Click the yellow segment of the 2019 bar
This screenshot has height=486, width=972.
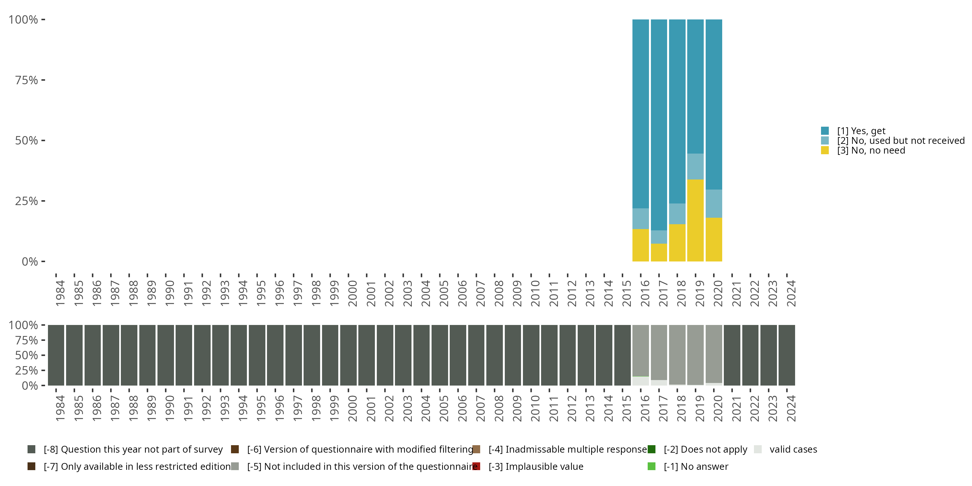tap(695, 220)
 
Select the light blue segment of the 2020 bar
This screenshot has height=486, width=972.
tap(714, 204)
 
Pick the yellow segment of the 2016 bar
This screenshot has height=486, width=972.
tap(641, 245)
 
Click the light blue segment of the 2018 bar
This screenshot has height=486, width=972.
tap(677, 214)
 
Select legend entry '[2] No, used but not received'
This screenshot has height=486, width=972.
tap(893, 141)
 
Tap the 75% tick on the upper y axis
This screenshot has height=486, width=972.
tap(43, 80)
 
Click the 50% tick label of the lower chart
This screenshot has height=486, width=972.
tap(27, 355)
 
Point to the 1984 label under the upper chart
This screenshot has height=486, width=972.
tap(60, 293)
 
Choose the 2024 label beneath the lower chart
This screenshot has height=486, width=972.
tap(791, 408)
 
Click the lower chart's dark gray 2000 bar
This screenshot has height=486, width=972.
tap(348, 355)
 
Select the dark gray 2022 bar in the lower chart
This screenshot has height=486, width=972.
tap(750, 355)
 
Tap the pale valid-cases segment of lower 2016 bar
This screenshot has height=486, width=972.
tap(641, 381)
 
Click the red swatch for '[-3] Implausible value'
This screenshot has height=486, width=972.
tap(477, 466)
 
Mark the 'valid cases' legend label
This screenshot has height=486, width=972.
tap(793, 449)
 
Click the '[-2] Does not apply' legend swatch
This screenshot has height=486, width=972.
tap(652, 449)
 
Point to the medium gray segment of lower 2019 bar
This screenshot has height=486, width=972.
tap(695, 355)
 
